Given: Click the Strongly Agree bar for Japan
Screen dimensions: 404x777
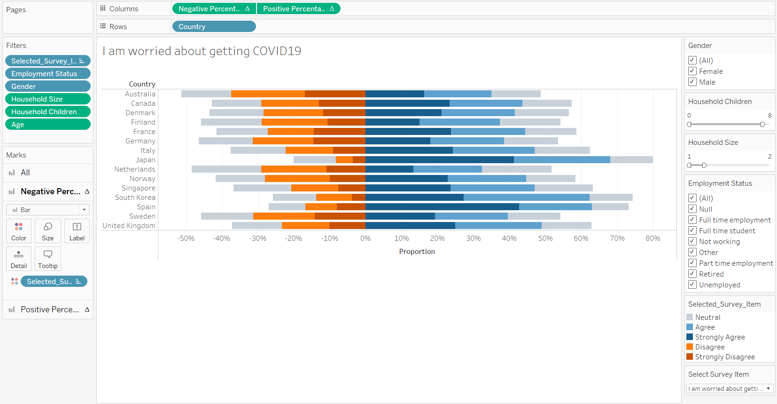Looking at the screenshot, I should (439, 160).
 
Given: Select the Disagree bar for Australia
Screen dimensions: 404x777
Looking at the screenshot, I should (268, 94).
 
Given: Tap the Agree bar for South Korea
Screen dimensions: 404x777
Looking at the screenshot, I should (526, 198).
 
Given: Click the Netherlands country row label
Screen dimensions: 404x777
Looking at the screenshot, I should (134, 169).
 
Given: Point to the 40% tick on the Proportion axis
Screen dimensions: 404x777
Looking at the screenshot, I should (509, 238).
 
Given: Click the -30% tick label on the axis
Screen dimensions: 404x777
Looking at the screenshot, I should (257, 238).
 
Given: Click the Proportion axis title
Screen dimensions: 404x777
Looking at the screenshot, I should (417, 252).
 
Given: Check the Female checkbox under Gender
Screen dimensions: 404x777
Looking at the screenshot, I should (692, 71).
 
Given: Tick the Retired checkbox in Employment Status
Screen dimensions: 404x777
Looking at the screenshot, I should (692, 274).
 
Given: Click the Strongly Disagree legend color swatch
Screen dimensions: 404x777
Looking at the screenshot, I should (690, 356).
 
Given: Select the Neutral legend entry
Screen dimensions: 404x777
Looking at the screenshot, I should (707, 317).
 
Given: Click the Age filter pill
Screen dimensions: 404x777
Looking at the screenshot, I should (47, 125).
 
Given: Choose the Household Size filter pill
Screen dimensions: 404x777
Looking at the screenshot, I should (47, 99).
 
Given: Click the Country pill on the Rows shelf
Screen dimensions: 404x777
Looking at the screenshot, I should (214, 27).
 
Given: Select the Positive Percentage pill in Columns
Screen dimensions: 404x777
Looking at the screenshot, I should (298, 9).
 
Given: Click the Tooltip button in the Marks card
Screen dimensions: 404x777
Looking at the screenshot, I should (48, 258).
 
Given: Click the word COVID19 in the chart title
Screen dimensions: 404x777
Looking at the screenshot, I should (277, 51).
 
